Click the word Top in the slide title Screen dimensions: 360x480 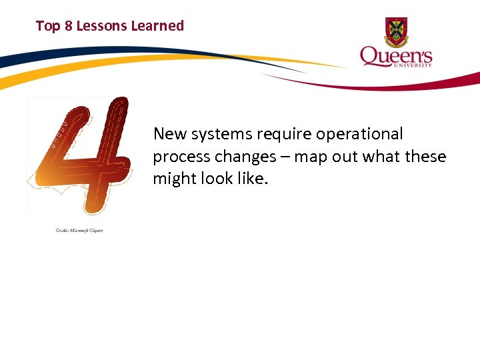47,26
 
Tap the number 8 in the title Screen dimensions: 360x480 67,26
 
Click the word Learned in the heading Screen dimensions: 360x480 157,26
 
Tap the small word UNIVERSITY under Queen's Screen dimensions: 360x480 415,65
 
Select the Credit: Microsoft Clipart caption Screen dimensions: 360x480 79,231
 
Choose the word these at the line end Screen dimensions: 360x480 425,157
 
